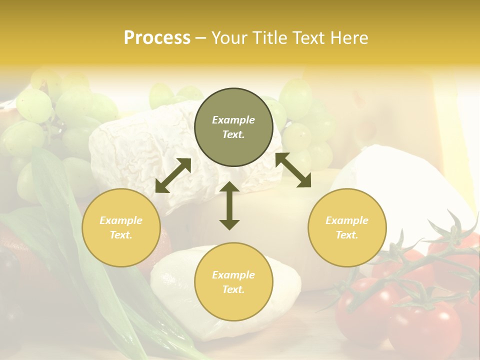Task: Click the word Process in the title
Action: pyautogui.click(x=157, y=38)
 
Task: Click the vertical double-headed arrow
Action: pyautogui.click(x=229, y=205)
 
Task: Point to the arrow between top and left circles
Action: pyautogui.click(x=173, y=175)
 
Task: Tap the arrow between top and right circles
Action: pyautogui.click(x=293, y=170)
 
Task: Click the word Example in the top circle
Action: pyautogui.click(x=233, y=120)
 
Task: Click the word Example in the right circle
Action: pyautogui.click(x=347, y=220)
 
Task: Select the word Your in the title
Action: pyautogui.click(x=229, y=38)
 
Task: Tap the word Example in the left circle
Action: pyautogui.click(x=121, y=220)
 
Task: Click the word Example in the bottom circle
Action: pyautogui.click(x=233, y=275)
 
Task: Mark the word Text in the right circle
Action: pyautogui.click(x=346, y=235)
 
